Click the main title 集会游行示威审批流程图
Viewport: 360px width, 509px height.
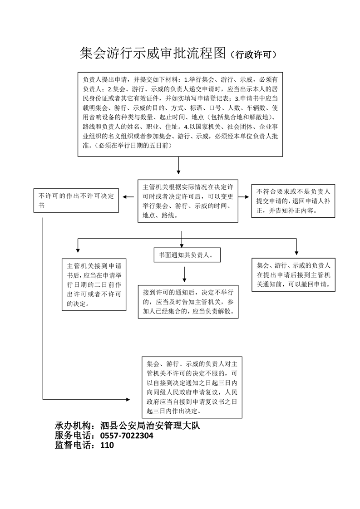(x=153, y=53)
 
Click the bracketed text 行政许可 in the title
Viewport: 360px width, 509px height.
(x=253, y=54)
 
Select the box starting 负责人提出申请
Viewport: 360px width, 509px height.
(x=180, y=114)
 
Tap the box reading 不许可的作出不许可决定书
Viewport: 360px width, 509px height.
(x=76, y=201)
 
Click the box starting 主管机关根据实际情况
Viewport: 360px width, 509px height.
(x=188, y=201)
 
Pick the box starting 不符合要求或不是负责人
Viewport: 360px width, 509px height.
(x=293, y=201)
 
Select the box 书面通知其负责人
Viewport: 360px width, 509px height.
(x=187, y=255)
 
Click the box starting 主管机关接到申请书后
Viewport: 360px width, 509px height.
(x=94, y=285)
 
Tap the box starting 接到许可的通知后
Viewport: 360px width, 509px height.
(x=188, y=302)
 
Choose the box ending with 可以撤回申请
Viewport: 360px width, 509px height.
(x=293, y=274)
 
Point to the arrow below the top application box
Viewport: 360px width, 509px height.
(x=178, y=166)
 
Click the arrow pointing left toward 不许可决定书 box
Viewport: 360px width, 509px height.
(x=128, y=197)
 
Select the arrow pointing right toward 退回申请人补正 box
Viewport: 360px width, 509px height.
(x=244, y=197)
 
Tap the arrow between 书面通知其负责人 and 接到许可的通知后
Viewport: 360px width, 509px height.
(x=185, y=274)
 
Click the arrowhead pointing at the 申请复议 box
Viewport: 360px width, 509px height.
(x=128, y=399)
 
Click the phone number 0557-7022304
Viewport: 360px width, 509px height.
(x=127, y=436)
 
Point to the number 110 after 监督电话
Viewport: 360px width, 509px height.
(x=107, y=445)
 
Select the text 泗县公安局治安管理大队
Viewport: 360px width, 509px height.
(x=150, y=426)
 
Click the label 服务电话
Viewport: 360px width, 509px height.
(x=73, y=436)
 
